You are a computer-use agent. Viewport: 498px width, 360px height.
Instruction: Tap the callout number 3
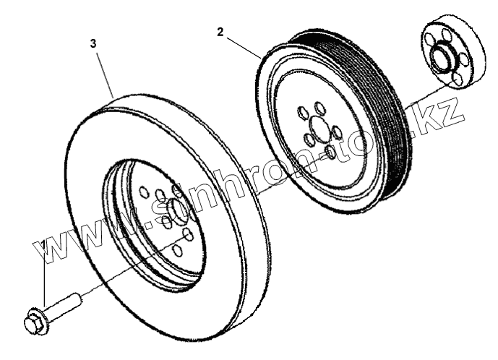[93, 43]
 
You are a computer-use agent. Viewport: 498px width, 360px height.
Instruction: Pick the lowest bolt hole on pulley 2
[330, 153]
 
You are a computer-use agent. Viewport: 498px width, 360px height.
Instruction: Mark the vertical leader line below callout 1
[44, 282]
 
